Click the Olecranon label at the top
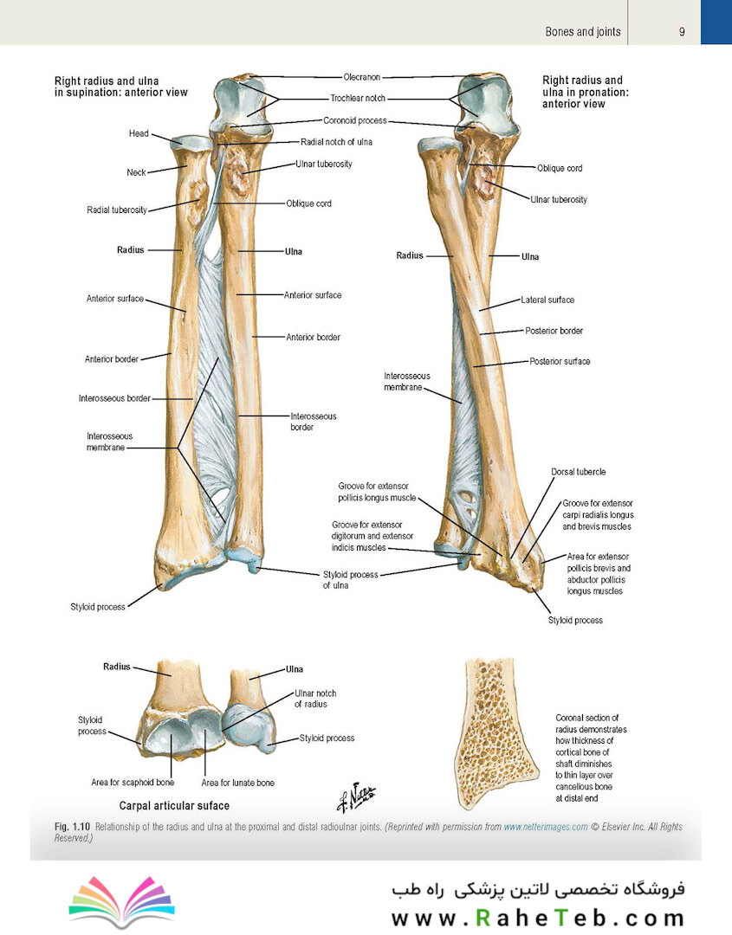pos(361,77)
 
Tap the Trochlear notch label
pos(358,98)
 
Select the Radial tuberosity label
pos(117,210)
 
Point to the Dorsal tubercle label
pos(578,472)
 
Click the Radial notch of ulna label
pos(336,142)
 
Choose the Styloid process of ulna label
pos(350,579)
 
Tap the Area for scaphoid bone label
pos(133,783)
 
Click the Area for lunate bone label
pos(237,783)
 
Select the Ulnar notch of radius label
pos(315,699)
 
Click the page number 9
pos(682,32)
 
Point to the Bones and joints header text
pos(583,32)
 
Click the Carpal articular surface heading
pos(174,806)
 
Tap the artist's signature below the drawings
pos(356,796)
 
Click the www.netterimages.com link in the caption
pos(546,827)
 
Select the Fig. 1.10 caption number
pos(72,827)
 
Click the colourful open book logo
pos(121,901)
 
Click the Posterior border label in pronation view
pos(554,331)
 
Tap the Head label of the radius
pos(139,133)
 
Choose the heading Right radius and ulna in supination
pos(121,87)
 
